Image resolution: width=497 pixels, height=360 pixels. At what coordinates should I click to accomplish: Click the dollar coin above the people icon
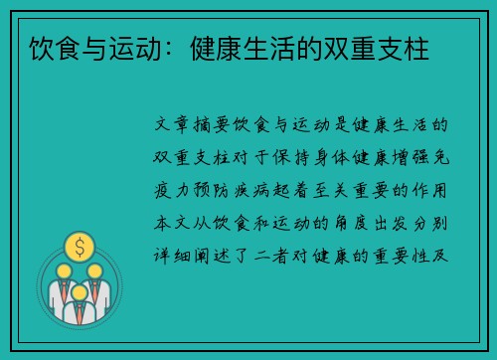[x=79, y=244]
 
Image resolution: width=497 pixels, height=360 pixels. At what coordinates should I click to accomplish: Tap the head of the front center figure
[x=79, y=281]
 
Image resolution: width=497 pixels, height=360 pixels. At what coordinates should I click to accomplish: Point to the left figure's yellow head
[x=63, y=270]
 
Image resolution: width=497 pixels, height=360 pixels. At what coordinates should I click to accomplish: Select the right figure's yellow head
[x=94, y=270]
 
